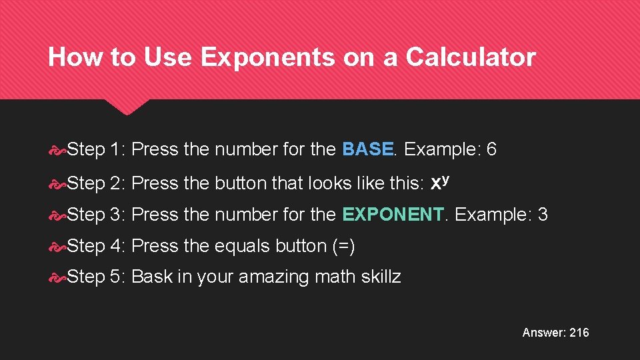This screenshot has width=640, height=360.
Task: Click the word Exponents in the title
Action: click(267, 58)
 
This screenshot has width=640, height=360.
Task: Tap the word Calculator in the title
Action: click(470, 58)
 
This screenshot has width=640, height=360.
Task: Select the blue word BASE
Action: click(367, 149)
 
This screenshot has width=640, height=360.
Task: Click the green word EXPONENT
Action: click(393, 214)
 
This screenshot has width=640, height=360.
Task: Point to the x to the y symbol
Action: click(439, 181)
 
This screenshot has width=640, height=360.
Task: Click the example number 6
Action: click(491, 149)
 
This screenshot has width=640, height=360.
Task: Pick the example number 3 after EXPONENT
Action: click(542, 214)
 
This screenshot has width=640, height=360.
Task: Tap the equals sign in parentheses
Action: click(343, 246)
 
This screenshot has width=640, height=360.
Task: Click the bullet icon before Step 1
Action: click(58, 150)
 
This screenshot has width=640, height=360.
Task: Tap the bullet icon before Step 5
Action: click(58, 277)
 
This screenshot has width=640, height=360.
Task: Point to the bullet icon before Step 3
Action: click(58, 215)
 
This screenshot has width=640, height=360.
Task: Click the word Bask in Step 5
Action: click(152, 277)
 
